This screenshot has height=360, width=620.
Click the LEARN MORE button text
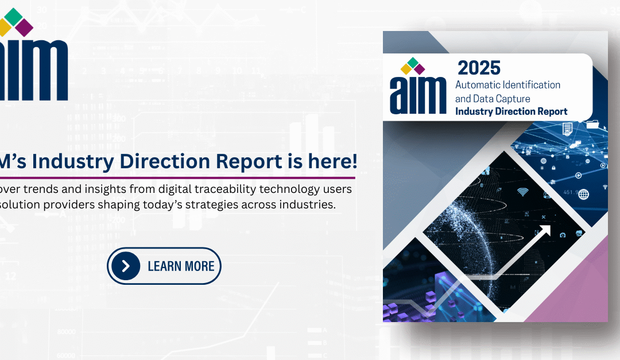tap(181, 266)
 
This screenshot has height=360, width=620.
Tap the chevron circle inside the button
tap(126, 266)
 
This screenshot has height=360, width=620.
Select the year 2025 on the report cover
tap(479, 68)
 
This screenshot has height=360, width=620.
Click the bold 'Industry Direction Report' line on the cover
tap(511, 111)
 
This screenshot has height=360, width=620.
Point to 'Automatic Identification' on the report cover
tap(507, 84)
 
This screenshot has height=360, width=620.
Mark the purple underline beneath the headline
tap(172, 177)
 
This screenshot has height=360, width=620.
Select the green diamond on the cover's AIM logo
tap(412, 62)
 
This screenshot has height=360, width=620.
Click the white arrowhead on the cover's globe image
tap(545, 231)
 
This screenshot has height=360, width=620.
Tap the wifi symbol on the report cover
tap(522, 192)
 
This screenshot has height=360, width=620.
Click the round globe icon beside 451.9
tap(584, 194)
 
